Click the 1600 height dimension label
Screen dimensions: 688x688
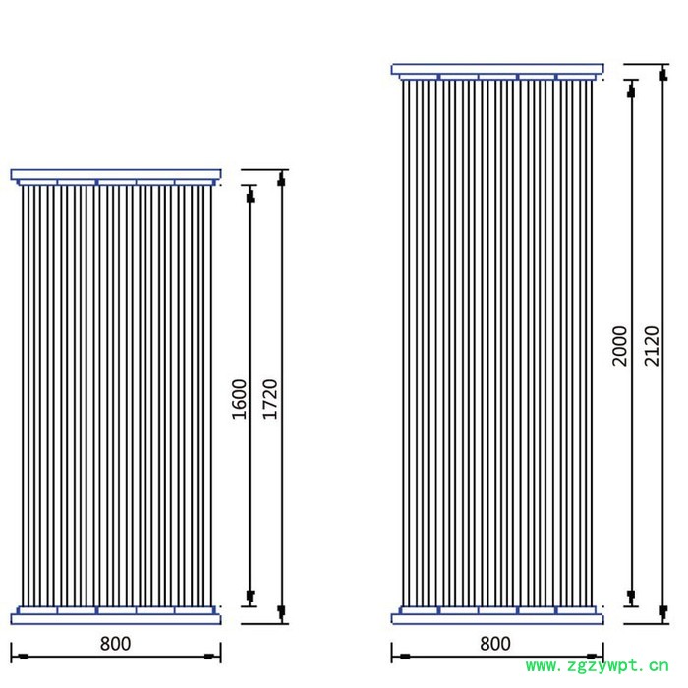(x=240, y=399)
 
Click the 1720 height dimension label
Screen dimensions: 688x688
(x=270, y=399)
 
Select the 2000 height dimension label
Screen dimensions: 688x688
(x=620, y=346)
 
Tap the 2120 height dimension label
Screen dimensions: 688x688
(x=652, y=346)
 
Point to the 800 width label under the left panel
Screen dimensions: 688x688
(x=115, y=644)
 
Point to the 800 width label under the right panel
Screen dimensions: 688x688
(x=495, y=644)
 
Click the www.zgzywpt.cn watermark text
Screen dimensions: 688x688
(x=598, y=666)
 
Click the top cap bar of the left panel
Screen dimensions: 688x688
(x=116, y=174)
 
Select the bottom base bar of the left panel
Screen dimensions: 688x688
(x=116, y=619)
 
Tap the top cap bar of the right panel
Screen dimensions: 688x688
(x=497, y=69)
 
